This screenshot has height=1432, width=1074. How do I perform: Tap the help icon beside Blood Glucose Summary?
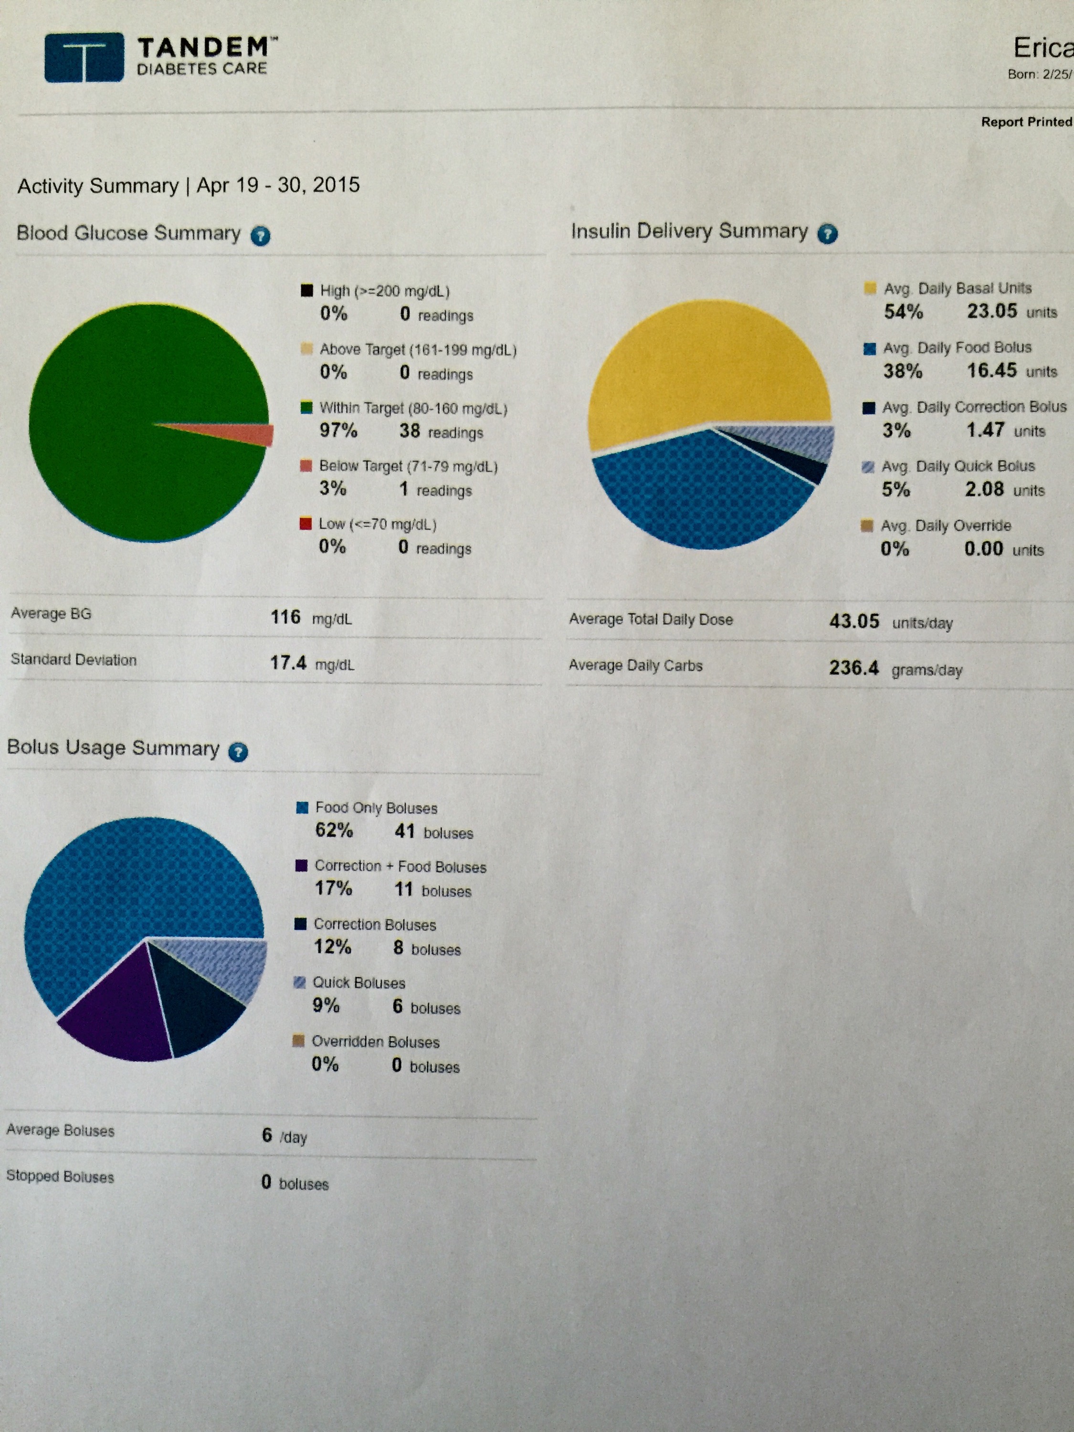click(x=260, y=236)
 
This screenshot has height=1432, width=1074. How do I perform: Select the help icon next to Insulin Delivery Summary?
click(x=827, y=234)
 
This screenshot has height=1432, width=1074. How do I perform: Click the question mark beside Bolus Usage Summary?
click(x=238, y=752)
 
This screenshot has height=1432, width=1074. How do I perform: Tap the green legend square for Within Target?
click(x=307, y=408)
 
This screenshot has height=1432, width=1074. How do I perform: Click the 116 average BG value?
click(x=285, y=617)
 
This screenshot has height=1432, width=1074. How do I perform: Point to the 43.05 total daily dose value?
click(x=854, y=621)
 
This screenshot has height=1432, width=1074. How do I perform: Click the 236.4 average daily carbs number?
click(x=854, y=667)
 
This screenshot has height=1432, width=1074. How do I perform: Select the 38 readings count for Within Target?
click(x=409, y=431)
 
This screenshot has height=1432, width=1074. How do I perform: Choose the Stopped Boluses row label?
click(x=60, y=1176)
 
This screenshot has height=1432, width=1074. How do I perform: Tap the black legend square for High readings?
click(x=307, y=291)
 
